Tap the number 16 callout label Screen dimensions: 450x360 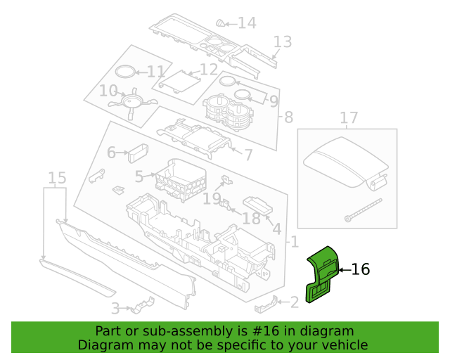click(x=361, y=269)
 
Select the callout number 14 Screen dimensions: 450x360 click(x=247, y=23)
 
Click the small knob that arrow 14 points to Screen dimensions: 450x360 click(x=220, y=23)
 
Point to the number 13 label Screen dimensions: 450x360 click(x=283, y=42)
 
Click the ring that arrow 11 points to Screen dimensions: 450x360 click(x=125, y=72)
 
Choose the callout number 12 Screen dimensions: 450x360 click(x=209, y=69)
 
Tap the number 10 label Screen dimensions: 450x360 click(x=108, y=91)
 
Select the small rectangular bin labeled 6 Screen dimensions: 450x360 click(x=139, y=153)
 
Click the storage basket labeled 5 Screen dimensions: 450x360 click(x=181, y=179)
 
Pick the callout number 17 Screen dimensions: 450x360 click(x=349, y=117)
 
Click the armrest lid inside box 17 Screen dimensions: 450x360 click(x=346, y=162)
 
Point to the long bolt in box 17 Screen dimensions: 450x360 click(x=364, y=210)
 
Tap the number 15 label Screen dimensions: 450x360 click(x=57, y=178)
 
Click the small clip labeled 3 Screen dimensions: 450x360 click(x=142, y=305)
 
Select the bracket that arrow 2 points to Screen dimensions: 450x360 click(x=266, y=305)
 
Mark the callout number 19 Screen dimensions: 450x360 click(x=212, y=199)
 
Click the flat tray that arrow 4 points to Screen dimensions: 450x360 click(x=257, y=205)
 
